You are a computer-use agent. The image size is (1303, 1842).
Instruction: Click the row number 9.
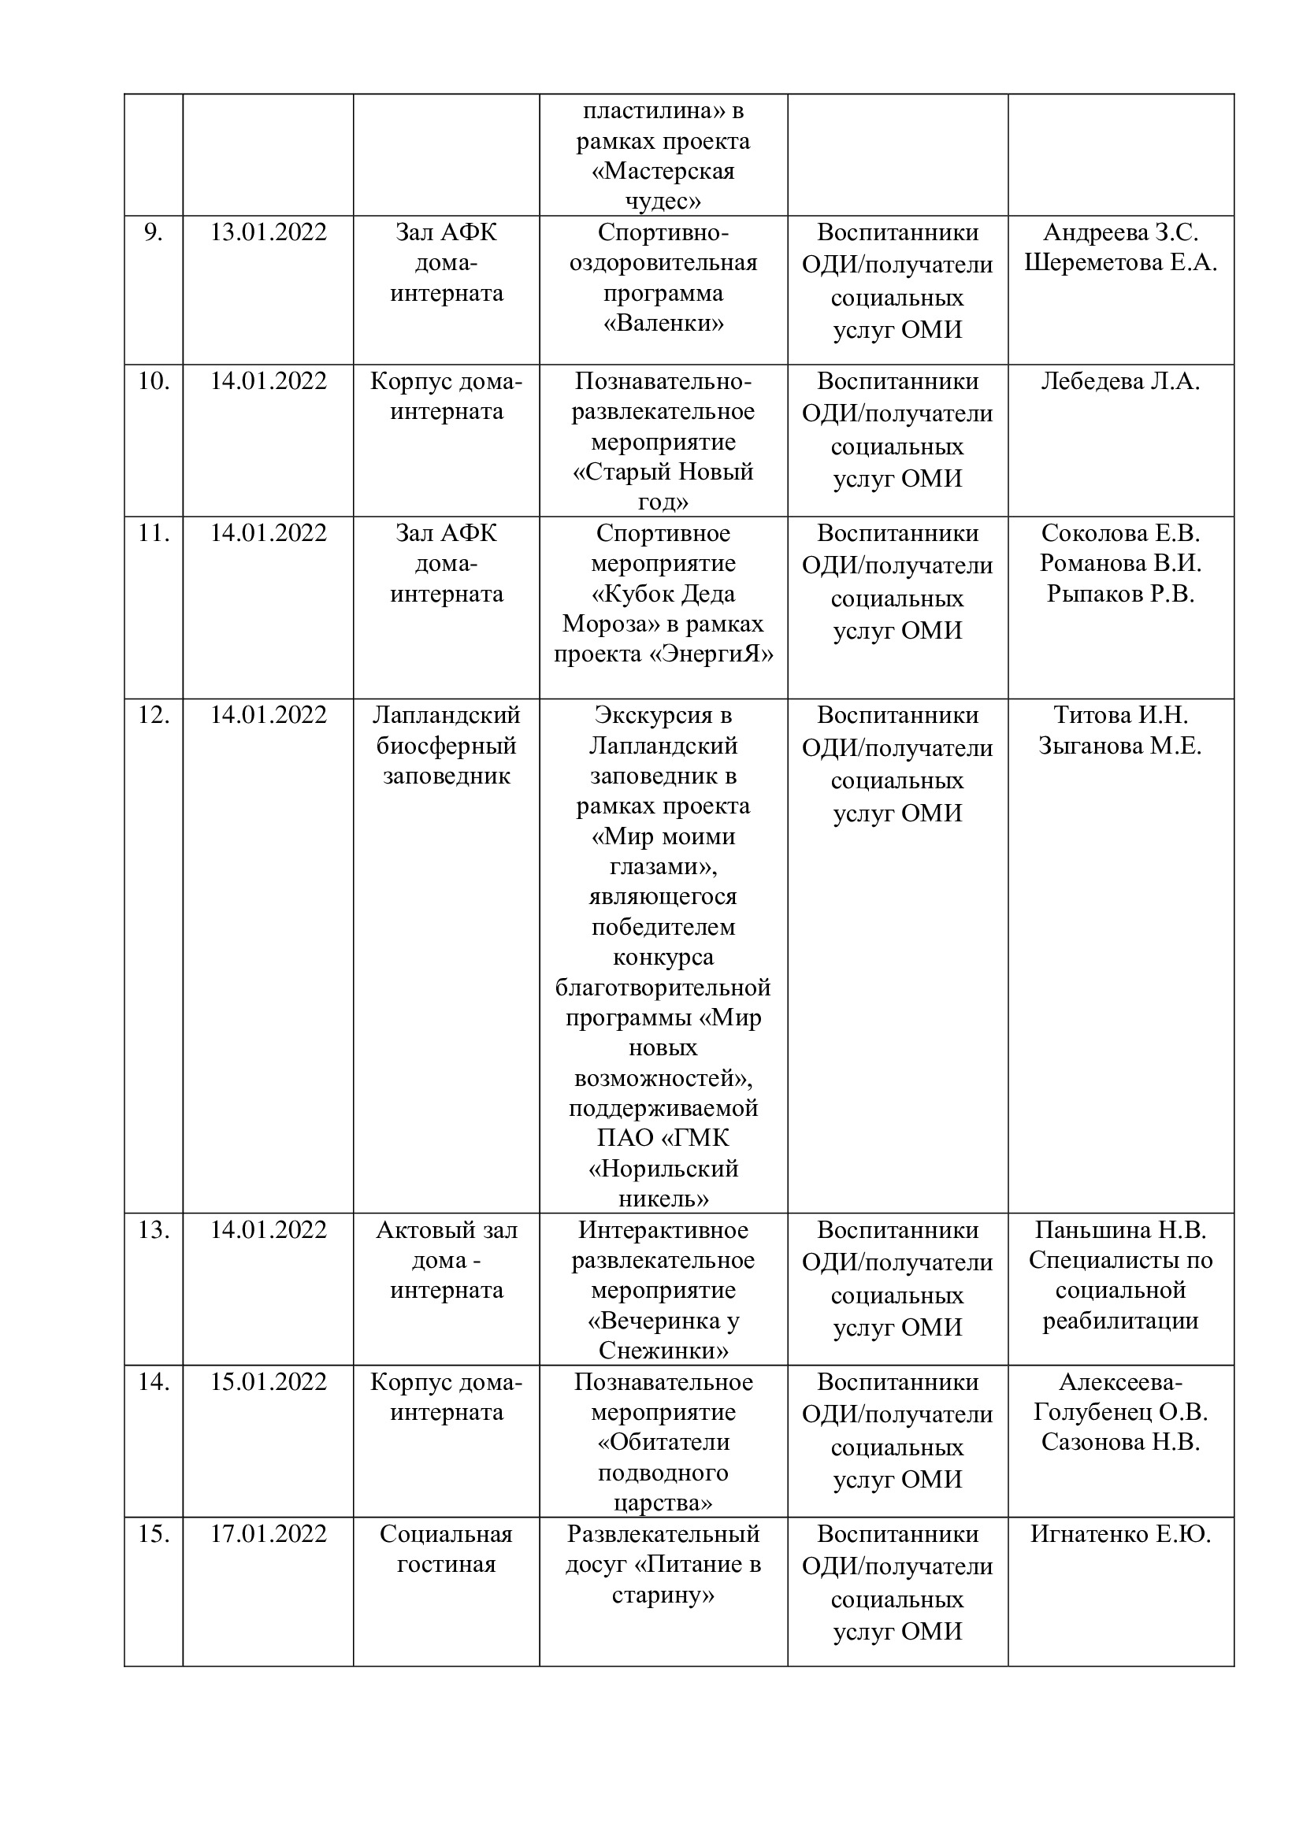click(x=153, y=232)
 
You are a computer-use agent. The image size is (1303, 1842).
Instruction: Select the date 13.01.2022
click(x=268, y=232)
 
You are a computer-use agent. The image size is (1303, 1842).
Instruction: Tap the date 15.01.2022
click(x=268, y=1381)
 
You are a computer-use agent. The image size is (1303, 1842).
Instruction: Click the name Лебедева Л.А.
click(x=1120, y=381)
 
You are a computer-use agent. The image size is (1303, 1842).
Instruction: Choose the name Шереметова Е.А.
click(x=1120, y=263)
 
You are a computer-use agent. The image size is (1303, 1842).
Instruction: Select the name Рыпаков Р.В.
click(x=1120, y=594)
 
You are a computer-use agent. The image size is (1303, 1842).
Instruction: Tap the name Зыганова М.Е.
click(x=1120, y=745)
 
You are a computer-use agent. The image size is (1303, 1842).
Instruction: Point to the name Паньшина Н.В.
click(x=1120, y=1230)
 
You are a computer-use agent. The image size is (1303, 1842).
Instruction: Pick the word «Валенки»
click(x=663, y=324)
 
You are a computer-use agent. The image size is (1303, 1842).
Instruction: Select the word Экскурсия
click(x=663, y=715)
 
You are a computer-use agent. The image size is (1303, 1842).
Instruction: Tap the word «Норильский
click(x=663, y=1169)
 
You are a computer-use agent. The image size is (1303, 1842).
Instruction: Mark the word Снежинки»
click(x=663, y=1351)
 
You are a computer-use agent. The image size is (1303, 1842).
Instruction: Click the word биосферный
click(x=446, y=745)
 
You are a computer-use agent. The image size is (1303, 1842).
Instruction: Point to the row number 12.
click(x=153, y=715)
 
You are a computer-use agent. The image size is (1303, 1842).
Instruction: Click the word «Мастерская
click(x=663, y=171)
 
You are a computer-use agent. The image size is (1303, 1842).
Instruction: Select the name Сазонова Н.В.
click(x=1120, y=1443)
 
